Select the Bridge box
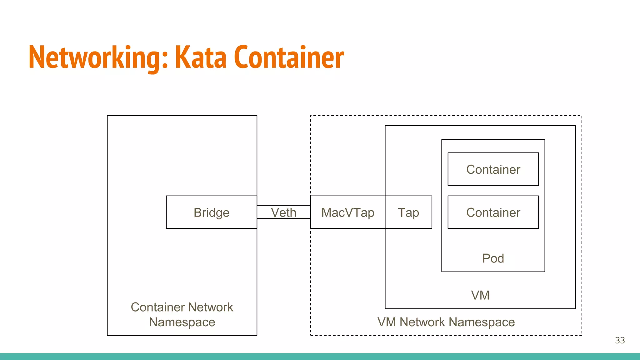tap(212, 212)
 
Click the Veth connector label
tap(283, 212)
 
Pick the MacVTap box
tap(347, 212)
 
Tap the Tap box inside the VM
tap(408, 212)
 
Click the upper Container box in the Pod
tap(493, 169)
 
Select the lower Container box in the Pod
tap(493, 212)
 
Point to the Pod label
tap(493, 258)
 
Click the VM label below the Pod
tap(480, 295)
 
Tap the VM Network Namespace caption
tap(446, 322)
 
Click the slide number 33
tap(620, 340)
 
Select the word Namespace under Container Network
tap(182, 322)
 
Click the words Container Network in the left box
tap(182, 307)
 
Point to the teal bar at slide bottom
tap(320, 357)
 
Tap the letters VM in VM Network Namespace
tap(387, 322)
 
